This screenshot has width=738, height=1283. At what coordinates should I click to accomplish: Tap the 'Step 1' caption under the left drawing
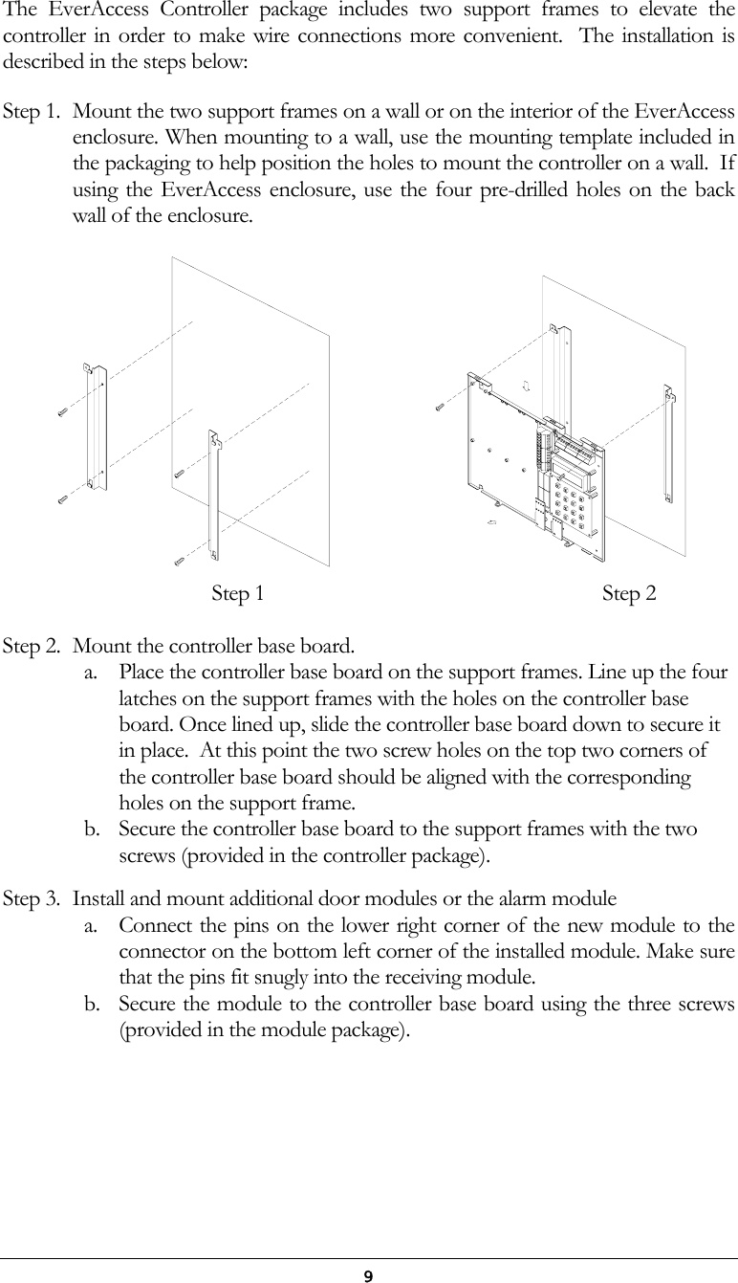point(237,594)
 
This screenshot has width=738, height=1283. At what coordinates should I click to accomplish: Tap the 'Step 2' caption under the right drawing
point(629,594)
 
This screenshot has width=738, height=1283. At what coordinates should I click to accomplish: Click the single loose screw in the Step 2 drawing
point(440,406)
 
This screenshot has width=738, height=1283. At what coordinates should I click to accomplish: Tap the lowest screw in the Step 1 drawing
point(179,559)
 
